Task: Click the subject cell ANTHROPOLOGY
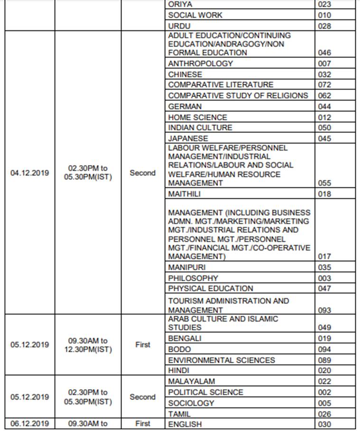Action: [x=201, y=64]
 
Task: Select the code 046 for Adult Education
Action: [x=325, y=53]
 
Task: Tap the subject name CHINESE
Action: [x=185, y=74]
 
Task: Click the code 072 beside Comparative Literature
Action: [x=325, y=85]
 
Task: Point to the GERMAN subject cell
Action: [x=185, y=107]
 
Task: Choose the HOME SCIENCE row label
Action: [x=198, y=117]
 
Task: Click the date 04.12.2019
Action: [x=29, y=173]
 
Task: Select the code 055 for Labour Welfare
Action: [x=325, y=183]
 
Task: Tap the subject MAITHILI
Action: [x=188, y=194]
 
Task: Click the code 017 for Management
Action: [x=325, y=257]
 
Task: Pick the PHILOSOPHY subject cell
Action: [x=193, y=278]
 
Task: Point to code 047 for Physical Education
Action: [x=325, y=288]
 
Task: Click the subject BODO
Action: [x=180, y=349]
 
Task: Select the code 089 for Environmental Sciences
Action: [x=325, y=360]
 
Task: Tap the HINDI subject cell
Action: [x=179, y=371]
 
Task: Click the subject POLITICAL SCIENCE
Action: [x=205, y=392]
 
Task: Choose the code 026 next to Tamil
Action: [x=325, y=414]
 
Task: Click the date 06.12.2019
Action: [x=29, y=423]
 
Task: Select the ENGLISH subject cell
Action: [x=185, y=424]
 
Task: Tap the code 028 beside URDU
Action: [x=325, y=26]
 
